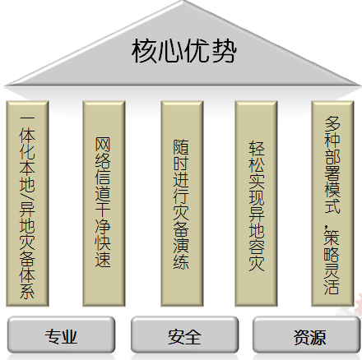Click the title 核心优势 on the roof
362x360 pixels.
point(183,51)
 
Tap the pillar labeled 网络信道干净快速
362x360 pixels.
point(104,204)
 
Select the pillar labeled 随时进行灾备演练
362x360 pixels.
point(182,204)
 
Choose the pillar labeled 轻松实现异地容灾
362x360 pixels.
point(256,204)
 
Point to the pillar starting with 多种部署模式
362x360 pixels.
point(332,204)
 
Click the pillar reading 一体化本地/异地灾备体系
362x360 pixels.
point(27,204)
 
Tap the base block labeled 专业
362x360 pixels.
point(61,335)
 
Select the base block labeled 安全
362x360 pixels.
point(184,335)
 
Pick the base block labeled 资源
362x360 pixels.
point(306,335)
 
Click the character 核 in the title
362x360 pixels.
point(144,51)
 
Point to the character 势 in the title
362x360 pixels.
point(224,51)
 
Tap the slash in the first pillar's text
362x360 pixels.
point(27,195)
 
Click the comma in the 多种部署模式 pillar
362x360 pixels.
point(326,228)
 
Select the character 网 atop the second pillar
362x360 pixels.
point(103,145)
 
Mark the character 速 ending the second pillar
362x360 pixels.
point(103,259)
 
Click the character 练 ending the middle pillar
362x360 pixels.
point(181,261)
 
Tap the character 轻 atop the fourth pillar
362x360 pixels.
point(257,149)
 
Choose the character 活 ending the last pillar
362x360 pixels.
point(332,286)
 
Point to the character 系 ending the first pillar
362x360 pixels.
point(27,291)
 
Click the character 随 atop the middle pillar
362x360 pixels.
point(181,146)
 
